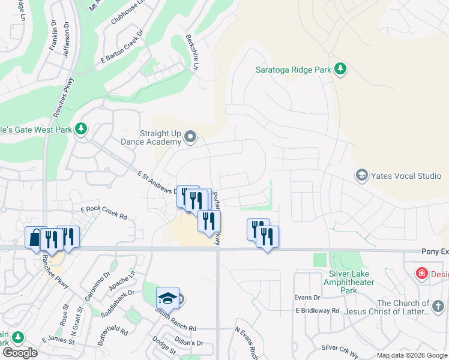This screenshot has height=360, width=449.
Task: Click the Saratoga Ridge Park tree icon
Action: [340, 69]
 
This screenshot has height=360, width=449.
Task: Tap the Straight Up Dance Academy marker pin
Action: [190, 137]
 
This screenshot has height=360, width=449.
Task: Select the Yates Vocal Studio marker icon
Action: [362, 176]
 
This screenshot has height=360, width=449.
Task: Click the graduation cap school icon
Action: [167, 298]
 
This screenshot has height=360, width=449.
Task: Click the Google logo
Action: [20, 353]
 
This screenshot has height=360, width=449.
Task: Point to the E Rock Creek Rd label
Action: [104, 211]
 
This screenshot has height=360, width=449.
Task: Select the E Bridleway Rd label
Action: [318, 311]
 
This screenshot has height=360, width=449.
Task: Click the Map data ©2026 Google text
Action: [411, 355]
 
